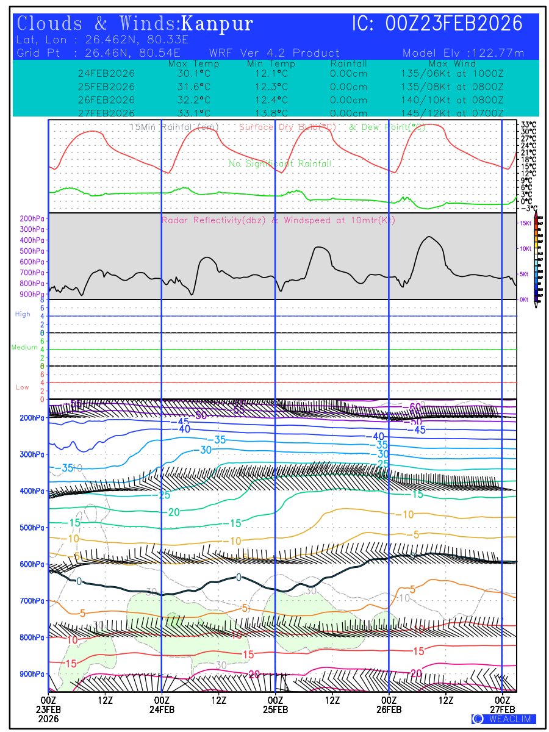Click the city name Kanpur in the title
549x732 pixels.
(218, 24)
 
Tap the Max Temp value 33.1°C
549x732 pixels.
(190, 113)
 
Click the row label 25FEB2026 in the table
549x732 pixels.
(106, 87)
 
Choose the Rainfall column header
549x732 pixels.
(348, 63)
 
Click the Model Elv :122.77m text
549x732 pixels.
(463, 53)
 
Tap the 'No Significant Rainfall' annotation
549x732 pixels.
(280, 163)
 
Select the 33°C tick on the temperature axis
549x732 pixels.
(528, 124)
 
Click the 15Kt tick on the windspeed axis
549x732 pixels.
(525, 224)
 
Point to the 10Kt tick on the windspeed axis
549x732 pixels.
(525, 249)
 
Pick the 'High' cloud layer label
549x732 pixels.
(23, 314)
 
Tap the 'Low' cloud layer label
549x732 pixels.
(23, 387)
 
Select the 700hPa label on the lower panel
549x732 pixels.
(33, 601)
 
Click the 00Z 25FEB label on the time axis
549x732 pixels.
(275, 704)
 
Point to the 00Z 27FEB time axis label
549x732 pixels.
(503, 704)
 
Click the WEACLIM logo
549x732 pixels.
(503, 719)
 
